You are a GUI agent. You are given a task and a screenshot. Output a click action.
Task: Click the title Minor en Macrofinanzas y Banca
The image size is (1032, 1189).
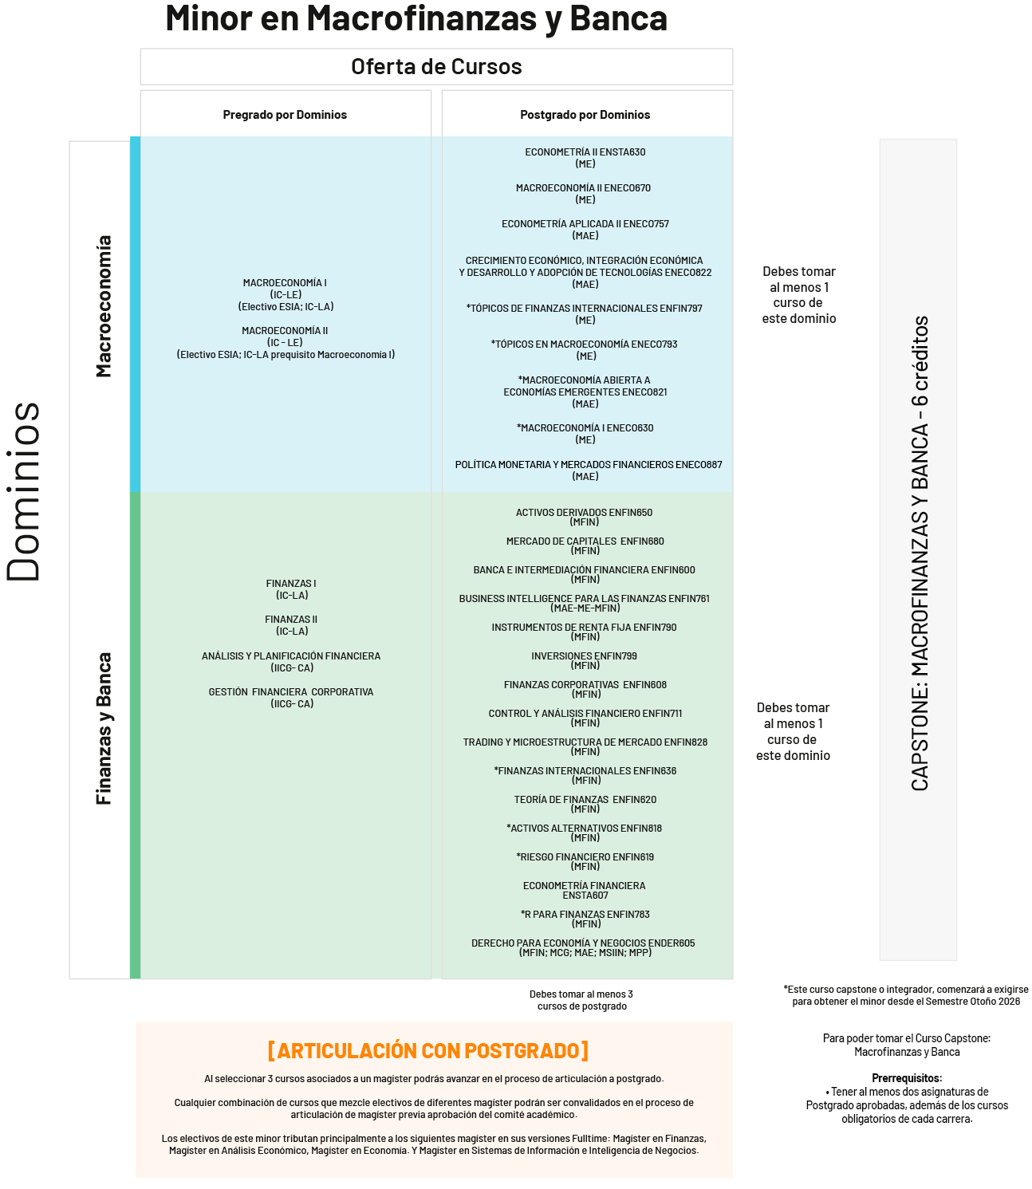[x=416, y=19]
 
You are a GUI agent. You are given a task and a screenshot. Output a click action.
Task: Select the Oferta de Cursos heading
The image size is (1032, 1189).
[x=436, y=67]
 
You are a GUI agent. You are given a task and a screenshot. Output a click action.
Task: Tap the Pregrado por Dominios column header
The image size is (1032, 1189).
[x=285, y=115]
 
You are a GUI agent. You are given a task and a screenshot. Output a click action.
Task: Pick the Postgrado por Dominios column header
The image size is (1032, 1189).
[x=585, y=115]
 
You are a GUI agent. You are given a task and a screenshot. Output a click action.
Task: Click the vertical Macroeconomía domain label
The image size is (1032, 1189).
[x=104, y=306]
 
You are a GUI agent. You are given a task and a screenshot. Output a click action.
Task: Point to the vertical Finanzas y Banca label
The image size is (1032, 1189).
[x=104, y=729]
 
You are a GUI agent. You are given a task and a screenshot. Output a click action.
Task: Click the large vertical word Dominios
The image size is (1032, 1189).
[x=24, y=491]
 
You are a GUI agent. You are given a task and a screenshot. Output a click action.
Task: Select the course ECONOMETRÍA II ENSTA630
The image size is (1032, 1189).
[x=585, y=152]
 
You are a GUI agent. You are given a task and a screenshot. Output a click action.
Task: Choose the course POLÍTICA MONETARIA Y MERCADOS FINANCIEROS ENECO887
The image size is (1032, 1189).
[x=589, y=465]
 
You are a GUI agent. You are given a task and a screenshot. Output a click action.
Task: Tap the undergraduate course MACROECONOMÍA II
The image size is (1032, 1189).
[x=285, y=331]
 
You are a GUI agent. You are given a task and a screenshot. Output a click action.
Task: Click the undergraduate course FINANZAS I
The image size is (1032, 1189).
[x=291, y=584]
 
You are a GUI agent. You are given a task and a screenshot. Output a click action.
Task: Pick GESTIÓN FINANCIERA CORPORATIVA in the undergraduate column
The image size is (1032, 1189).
[x=291, y=692]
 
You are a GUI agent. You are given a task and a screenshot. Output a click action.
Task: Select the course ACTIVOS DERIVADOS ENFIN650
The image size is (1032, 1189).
[x=584, y=513]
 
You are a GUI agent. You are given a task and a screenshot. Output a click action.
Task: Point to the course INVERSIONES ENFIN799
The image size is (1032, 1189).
[x=584, y=656]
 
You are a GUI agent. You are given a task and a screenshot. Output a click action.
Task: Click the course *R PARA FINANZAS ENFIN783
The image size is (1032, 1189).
[x=585, y=915]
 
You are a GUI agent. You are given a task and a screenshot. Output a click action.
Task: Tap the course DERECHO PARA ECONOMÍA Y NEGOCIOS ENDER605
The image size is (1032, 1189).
[x=583, y=943]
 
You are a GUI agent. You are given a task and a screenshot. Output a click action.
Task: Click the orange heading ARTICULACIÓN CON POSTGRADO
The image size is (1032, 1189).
[x=428, y=1051]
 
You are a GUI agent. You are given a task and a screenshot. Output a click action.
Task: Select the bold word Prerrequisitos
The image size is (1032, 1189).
[x=907, y=1078]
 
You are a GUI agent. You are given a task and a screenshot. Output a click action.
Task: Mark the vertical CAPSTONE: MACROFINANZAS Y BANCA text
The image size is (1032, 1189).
[x=920, y=553]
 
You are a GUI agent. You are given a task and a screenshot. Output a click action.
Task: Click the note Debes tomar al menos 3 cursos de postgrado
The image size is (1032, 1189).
[x=581, y=1000]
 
